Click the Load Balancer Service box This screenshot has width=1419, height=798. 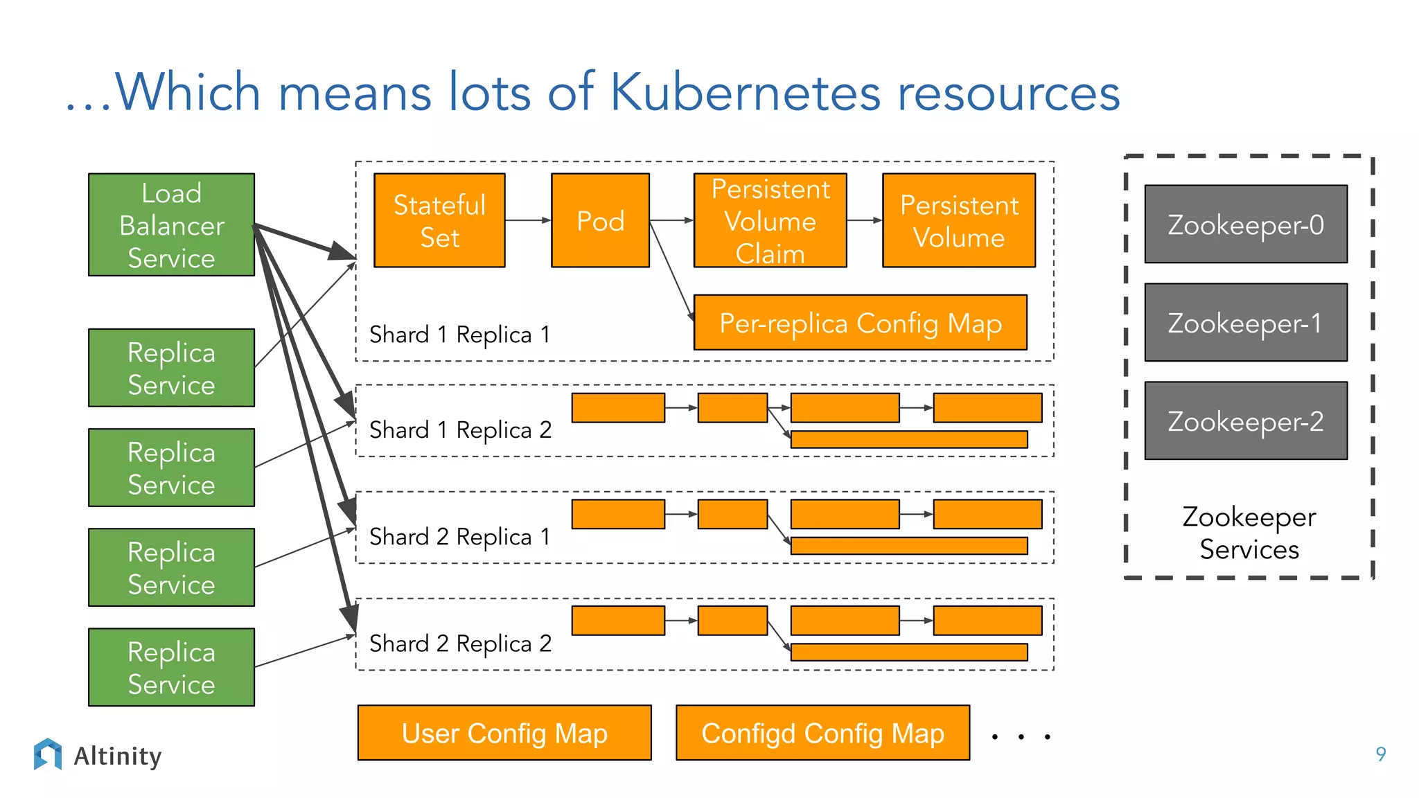[171, 224]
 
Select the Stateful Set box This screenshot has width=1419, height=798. [439, 220]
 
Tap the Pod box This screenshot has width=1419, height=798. [600, 220]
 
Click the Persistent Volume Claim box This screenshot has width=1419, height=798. [770, 220]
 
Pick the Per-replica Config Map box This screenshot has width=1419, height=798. [860, 323]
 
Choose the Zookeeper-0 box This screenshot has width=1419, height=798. [1245, 224]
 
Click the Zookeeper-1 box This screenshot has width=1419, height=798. [1245, 322]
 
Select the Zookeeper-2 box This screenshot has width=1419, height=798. [1245, 420]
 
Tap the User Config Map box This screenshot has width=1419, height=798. [504, 733]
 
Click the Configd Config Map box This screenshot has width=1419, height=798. [822, 733]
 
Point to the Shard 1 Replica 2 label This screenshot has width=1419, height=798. [460, 430]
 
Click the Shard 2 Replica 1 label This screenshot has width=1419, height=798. [460, 537]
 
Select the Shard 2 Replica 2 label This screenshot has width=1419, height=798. [460, 644]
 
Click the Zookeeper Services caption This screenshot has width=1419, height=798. [1249, 533]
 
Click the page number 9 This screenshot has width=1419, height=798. [1380, 754]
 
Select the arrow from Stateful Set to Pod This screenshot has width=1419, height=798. [527, 220]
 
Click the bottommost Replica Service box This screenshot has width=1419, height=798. [171, 667]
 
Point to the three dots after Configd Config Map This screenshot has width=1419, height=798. [1021, 736]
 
